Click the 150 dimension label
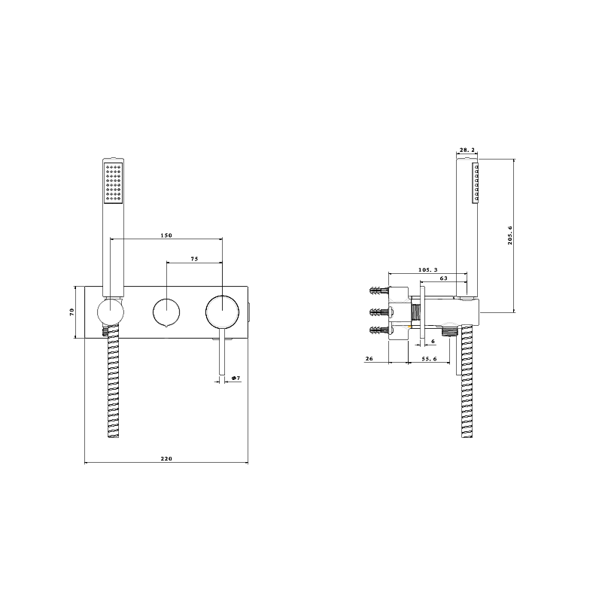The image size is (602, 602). (166, 236)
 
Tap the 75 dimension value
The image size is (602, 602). (194, 259)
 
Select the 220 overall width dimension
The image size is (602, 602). (166, 458)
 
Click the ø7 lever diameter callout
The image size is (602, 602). (236, 378)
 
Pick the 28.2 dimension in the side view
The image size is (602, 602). (467, 151)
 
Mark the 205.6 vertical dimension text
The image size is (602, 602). (510, 236)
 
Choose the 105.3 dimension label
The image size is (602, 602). (430, 269)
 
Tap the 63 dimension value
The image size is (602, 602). (444, 278)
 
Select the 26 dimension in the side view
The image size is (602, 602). (369, 360)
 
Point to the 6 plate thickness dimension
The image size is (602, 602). (433, 342)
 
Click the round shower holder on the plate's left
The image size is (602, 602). (111, 312)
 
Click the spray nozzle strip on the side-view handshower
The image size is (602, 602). (476, 185)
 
